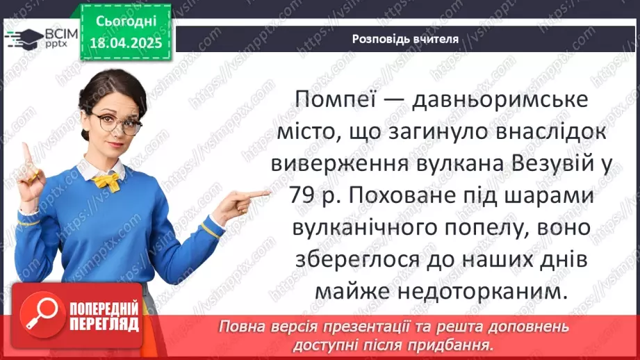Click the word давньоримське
501,99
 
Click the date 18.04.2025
125,43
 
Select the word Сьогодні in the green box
125,22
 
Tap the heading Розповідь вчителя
405,39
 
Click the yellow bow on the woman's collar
106,181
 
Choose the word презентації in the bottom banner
366,327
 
